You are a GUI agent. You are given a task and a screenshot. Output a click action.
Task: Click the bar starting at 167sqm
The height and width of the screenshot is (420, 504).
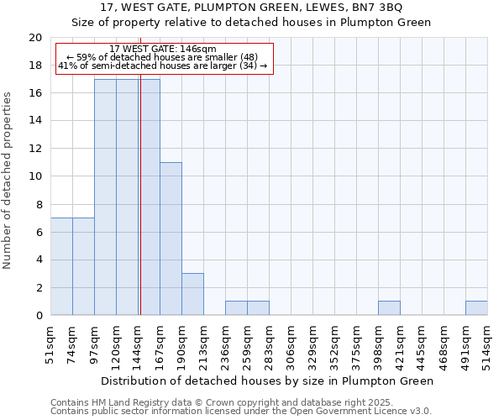point(171,239)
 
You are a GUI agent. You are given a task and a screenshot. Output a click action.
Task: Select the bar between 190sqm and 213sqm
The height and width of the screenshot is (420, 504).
point(192,294)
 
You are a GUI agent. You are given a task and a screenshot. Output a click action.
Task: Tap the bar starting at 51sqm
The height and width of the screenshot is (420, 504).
point(61,266)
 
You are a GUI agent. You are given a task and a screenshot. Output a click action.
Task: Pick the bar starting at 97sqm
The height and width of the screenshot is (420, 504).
point(105,197)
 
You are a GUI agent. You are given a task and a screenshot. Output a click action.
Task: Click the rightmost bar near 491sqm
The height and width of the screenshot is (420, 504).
point(476,308)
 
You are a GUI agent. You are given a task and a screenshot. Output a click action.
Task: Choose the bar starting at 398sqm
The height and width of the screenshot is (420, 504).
point(389,308)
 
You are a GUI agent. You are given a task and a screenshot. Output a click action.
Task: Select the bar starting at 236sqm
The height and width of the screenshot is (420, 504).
point(236,308)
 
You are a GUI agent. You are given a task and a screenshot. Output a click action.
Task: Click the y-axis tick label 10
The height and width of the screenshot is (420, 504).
point(34,176)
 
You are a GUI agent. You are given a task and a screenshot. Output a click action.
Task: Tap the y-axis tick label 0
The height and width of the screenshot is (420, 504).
point(38,315)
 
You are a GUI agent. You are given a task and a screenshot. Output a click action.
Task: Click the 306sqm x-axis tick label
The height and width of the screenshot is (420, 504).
point(291,344)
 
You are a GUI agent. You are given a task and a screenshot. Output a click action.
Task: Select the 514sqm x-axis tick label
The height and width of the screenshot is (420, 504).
point(487,344)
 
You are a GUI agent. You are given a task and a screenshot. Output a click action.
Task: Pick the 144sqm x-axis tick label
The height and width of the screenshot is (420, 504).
point(138,344)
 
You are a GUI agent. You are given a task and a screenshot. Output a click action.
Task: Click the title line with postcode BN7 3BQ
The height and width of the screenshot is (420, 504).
point(252,8)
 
